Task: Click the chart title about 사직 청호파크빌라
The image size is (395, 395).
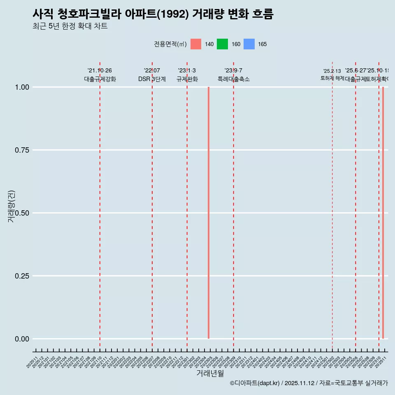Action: [153, 14]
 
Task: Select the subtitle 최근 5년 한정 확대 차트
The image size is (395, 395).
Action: [70, 26]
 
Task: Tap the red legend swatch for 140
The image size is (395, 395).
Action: [196, 44]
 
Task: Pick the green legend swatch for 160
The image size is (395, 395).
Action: [222, 44]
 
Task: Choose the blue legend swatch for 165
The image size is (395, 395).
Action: [249, 44]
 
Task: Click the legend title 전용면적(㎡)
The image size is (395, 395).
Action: [170, 44]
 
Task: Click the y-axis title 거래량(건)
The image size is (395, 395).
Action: [11, 206]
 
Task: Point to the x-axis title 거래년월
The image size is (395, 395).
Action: [210, 373]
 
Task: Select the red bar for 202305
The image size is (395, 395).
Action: [209, 213]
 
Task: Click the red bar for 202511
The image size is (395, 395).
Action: [383, 213]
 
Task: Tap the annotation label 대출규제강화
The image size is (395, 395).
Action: [100, 79]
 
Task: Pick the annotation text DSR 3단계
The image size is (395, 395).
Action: [152, 79]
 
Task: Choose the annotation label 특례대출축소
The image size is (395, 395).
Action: [234, 79]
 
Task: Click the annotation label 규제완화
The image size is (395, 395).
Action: [187, 79]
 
